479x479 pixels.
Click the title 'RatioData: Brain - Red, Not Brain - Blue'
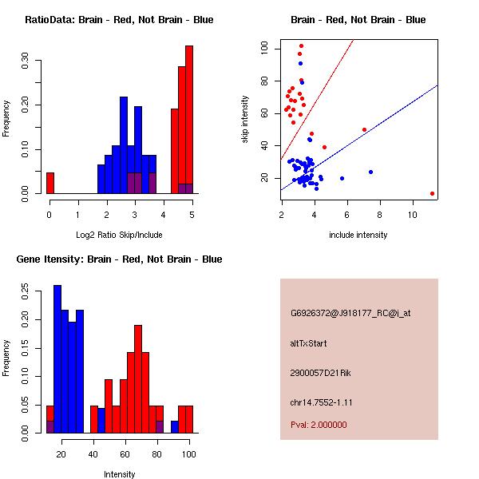pyautogui.click(x=119, y=20)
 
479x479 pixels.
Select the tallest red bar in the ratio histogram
pyautogui.click(x=189, y=120)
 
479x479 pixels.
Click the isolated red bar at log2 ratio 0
pyautogui.click(x=50, y=183)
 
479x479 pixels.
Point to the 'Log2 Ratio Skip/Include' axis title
pyautogui.click(x=119, y=235)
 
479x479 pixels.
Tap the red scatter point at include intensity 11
pyautogui.click(x=432, y=193)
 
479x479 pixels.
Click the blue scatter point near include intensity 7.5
pyautogui.click(x=371, y=172)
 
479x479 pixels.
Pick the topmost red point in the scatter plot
pyautogui.click(x=301, y=46)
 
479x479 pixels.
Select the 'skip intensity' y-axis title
pyautogui.click(x=246, y=120)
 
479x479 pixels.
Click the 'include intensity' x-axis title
pyautogui.click(x=358, y=235)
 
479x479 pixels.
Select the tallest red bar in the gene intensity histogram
pyautogui.click(x=138, y=379)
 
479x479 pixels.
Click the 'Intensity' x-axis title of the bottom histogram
pyautogui.click(x=119, y=474)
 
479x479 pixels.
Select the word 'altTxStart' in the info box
pyautogui.click(x=310, y=343)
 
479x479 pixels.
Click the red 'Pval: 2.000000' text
pyautogui.click(x=319, y=426)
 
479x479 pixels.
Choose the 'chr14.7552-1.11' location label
pyautogui.click(x=322, y=402)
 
